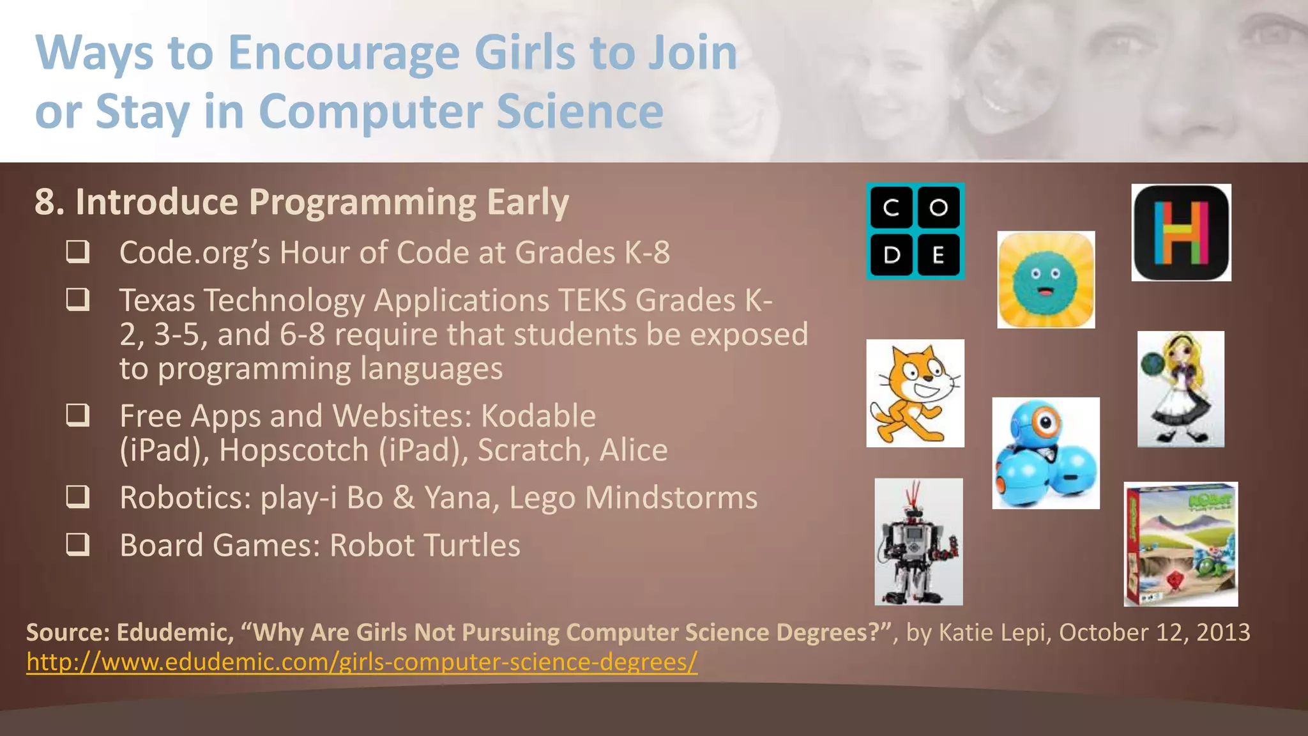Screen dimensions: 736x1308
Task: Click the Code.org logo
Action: coord(915,231)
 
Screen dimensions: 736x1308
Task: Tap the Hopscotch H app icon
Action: coord(1181,233)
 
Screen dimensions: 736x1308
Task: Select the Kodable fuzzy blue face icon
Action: coord(1046,280)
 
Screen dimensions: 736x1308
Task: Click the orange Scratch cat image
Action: coord(915,393)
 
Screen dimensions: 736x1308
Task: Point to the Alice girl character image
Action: coord(1180,388)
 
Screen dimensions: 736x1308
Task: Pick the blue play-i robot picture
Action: coord(1046,453)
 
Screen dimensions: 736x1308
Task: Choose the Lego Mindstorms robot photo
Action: coord(918,542)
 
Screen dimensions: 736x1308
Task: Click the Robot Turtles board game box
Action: coord(1180,544)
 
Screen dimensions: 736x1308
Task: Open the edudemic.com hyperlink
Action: coord(361,662)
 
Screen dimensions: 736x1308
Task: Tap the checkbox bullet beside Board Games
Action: coord(78,544)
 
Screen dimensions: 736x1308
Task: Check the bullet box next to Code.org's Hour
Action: coord(78,252)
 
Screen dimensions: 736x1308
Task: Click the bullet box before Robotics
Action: coord(78,496)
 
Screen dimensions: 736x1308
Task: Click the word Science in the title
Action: coord(580,111)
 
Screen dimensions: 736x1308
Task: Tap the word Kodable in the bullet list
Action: coord(538,416)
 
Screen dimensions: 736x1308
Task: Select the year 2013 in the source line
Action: coord(1222,632)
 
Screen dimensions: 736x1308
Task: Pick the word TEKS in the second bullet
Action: coord(593,300)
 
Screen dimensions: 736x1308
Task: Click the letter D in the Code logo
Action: coord(892,255)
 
